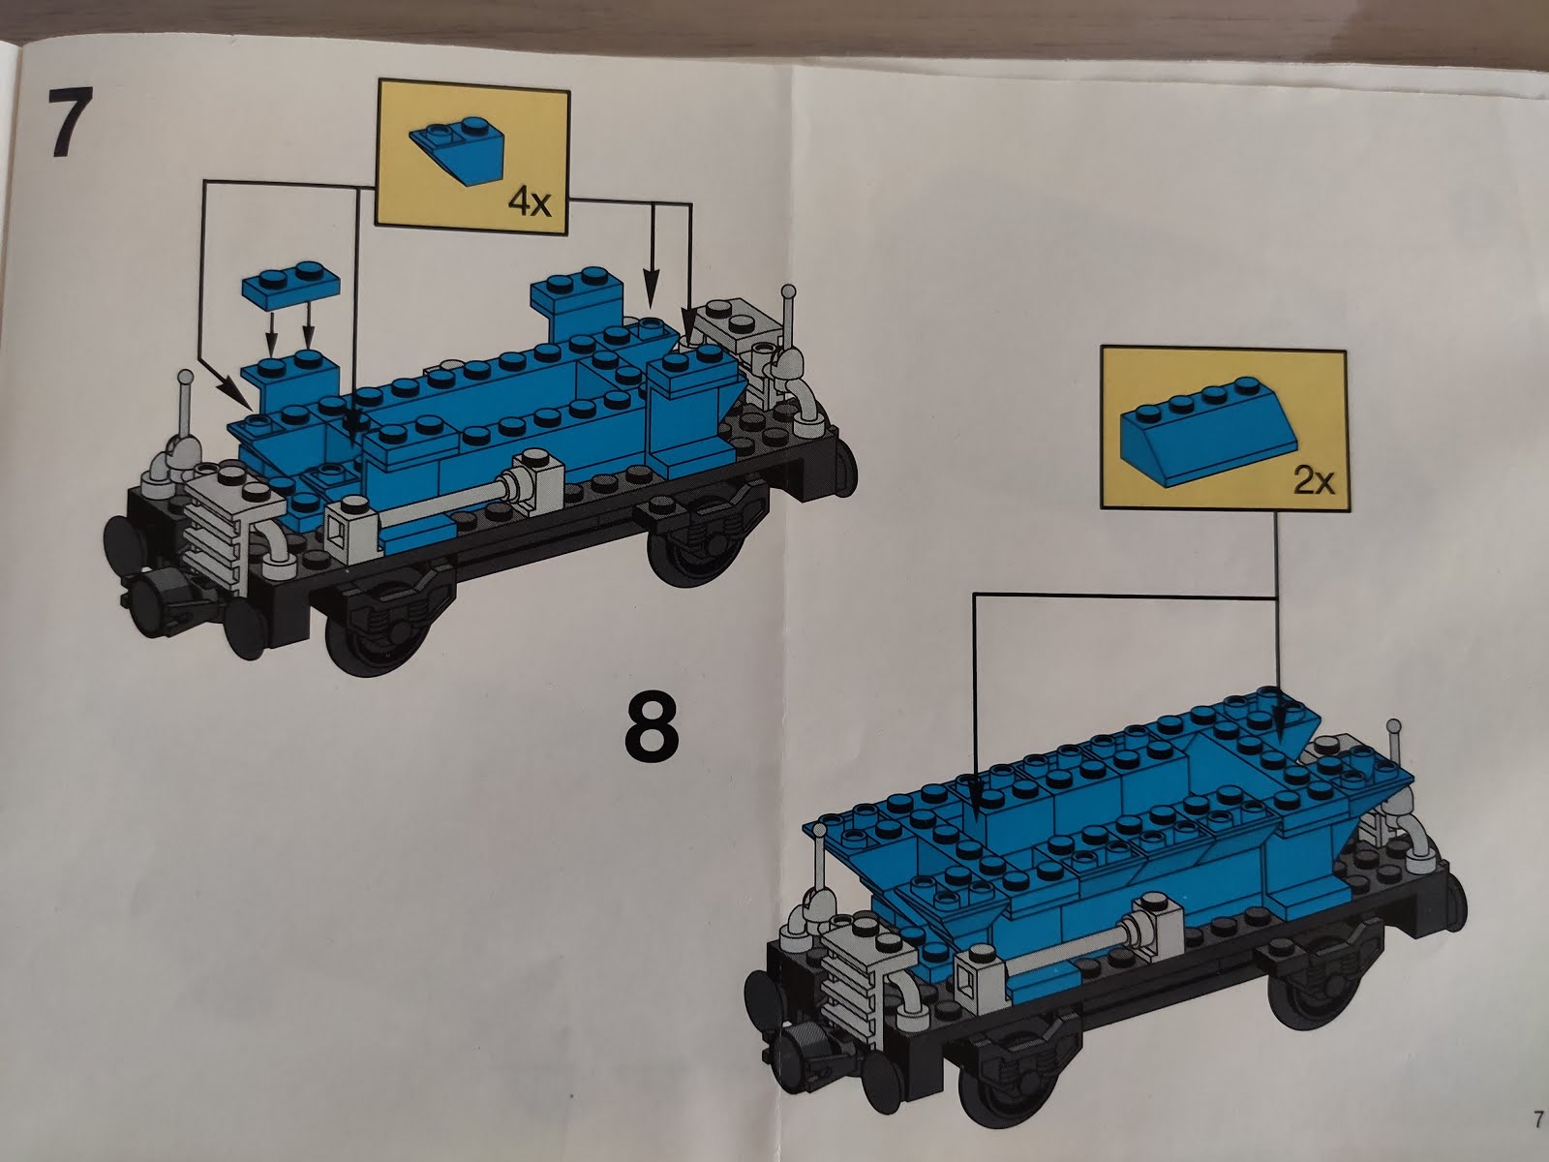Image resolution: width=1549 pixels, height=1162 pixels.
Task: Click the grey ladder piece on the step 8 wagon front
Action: click(857, 978)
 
